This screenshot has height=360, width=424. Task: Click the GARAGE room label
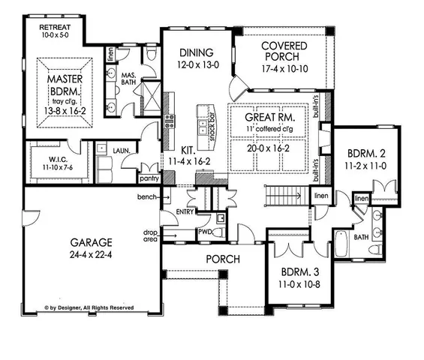[92, 242]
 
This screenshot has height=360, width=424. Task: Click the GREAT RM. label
[270, 118]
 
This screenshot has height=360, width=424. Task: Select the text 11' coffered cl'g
[270, 130]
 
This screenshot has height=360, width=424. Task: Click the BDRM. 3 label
[297, 272]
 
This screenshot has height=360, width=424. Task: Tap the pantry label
[149, 179]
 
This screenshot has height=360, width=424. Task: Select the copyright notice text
[89, 307]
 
